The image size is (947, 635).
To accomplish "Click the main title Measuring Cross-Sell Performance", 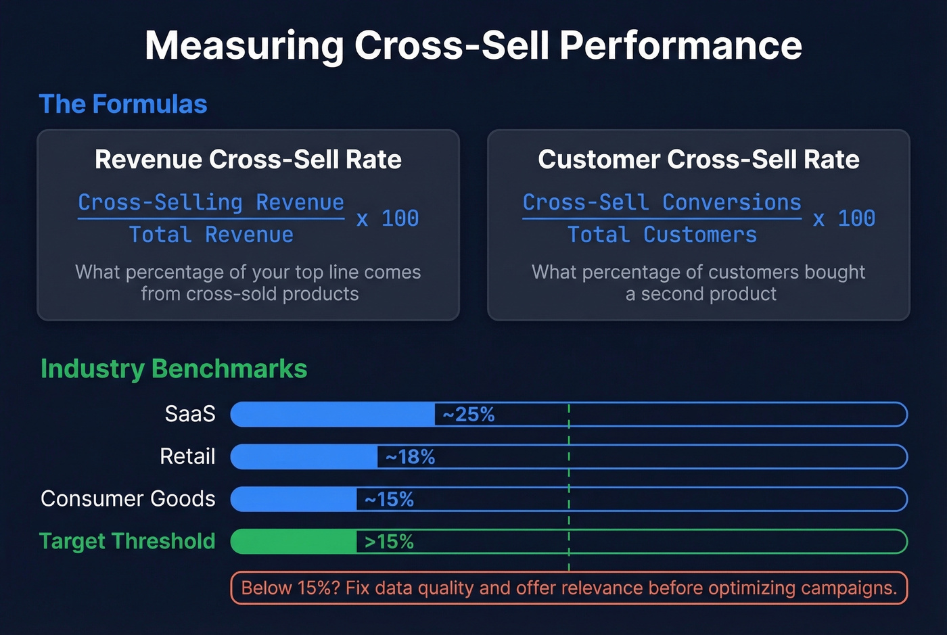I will point(473,46).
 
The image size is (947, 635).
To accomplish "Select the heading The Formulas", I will point(123,104).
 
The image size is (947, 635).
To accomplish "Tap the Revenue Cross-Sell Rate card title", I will point(248,160).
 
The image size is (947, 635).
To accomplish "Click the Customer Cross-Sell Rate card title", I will point(699,160).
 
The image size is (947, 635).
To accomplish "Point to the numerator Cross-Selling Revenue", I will point(211,202).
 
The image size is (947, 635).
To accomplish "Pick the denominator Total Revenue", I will point(211,235).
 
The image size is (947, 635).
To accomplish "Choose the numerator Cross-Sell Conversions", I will point(662,202).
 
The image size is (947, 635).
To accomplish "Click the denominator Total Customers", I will point(662,235).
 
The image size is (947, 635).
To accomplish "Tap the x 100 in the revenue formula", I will point(388,218).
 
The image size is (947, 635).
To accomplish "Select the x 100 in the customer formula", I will point(844,218).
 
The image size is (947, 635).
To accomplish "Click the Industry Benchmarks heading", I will point(174,369).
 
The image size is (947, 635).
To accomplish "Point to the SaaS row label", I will point(190,414).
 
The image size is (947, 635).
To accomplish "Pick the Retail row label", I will point(187,456).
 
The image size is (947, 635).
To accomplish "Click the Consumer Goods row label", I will point(128,499).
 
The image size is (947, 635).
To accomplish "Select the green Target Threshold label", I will point(127,542).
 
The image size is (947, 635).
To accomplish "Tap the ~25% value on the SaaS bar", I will point(469,415).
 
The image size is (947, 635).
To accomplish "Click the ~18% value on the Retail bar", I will point(410,457).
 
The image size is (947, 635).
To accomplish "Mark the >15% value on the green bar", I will point(389,542).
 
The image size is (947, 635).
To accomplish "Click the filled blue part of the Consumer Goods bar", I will point(294,499).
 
